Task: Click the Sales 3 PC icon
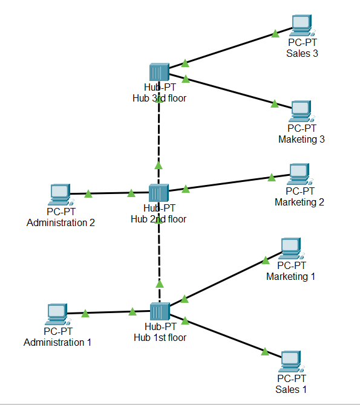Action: (301, 25)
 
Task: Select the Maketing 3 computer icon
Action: (301, 111)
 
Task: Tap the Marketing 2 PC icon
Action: (299, 174)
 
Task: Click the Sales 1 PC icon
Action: (291, 361)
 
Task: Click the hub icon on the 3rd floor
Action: (159, 73)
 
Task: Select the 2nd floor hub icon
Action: (159, 193)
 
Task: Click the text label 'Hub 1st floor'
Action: (160, 337)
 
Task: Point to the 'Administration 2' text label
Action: (61, 222)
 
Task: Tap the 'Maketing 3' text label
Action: (301, 139)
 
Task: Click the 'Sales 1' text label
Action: (291, 389)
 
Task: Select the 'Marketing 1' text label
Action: (291, 276)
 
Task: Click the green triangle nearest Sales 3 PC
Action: (275, 33)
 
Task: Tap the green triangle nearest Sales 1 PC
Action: (265, 351)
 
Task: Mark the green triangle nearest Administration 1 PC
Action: (85, 313)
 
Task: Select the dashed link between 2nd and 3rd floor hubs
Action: (159, 139)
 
